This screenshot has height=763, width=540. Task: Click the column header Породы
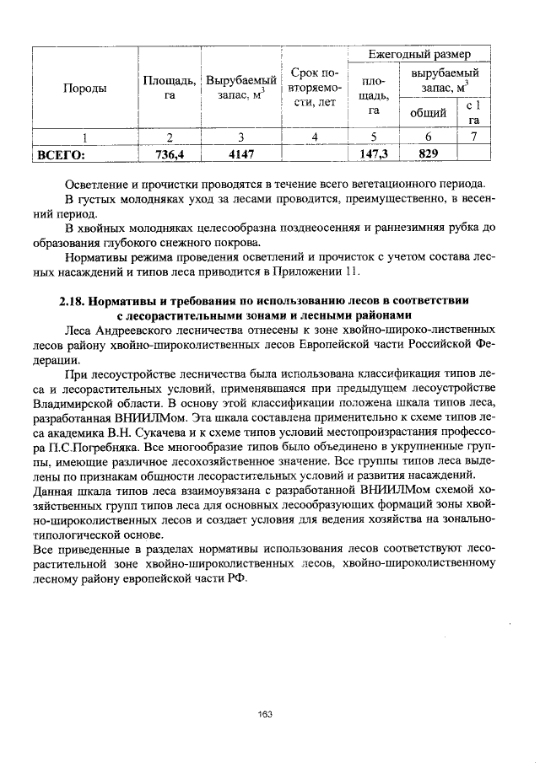[x=83, y=89]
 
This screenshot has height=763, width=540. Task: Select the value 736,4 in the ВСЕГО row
[x=170, y=154]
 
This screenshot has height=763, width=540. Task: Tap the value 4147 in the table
[x=240, y=154]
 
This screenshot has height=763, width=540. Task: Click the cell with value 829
[x=428, y=154]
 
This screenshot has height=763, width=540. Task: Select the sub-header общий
[x=428, y=113]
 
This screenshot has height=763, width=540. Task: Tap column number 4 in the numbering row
[x=314, y=137]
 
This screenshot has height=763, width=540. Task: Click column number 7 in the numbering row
[x=475, y=137]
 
